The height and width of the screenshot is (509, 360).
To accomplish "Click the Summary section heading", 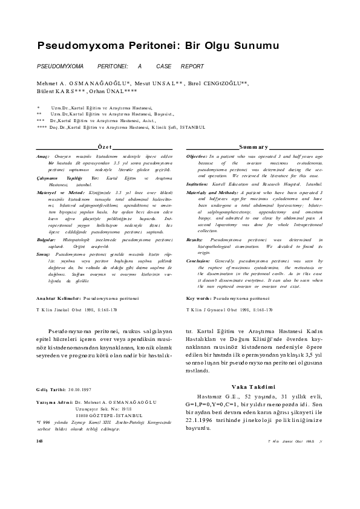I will click(x=254, y=147).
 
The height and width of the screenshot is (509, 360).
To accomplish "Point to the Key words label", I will click(x=200, y=299).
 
